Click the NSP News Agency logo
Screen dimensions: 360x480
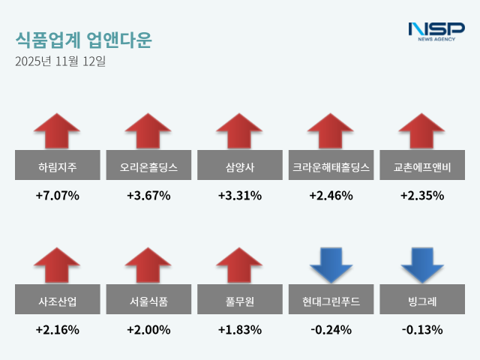(436, 31)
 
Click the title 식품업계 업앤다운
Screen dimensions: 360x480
(82, 40)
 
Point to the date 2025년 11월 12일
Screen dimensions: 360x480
(60, 61)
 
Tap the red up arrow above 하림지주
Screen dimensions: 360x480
(57, 130)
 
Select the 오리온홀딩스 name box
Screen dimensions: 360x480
(148, 166)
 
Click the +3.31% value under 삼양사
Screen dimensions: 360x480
(240, 196)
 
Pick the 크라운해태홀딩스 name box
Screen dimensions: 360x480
(331, 166)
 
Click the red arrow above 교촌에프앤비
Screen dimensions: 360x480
(422, 130)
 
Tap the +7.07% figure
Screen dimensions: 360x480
(57, 196)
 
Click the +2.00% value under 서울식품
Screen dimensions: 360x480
(148, 330)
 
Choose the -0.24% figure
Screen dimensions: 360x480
(331, 330)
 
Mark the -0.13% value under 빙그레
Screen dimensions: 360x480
(422, 330)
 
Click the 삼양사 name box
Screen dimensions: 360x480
(240, 166)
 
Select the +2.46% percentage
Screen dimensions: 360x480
(331, 196)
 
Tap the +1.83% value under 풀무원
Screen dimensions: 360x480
(240, 330)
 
